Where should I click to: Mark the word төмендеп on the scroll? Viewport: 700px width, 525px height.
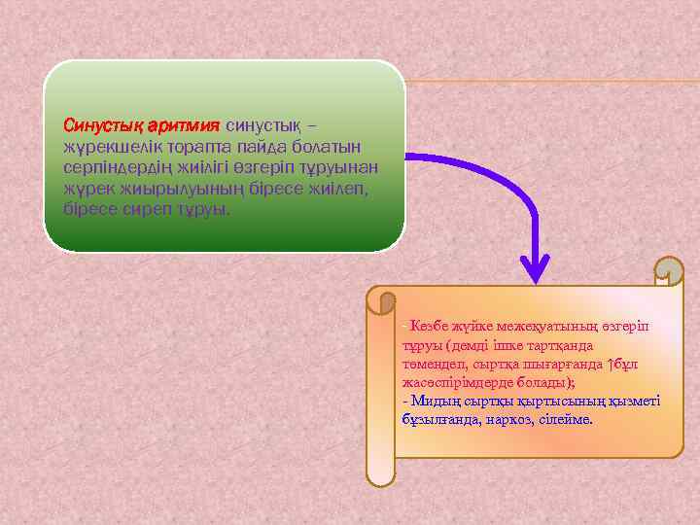(x=429, y=364)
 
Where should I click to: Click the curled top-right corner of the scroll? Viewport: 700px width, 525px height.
(x=669, y=272)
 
